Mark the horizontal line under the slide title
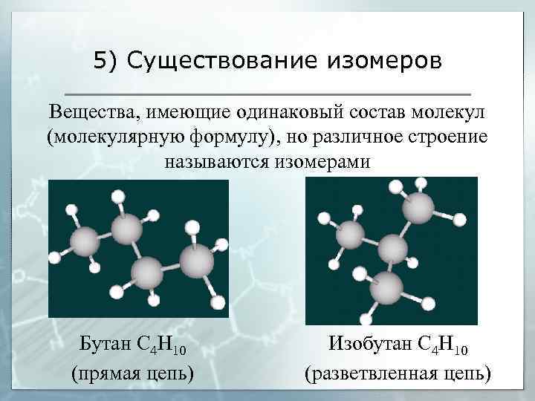(268, 94)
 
